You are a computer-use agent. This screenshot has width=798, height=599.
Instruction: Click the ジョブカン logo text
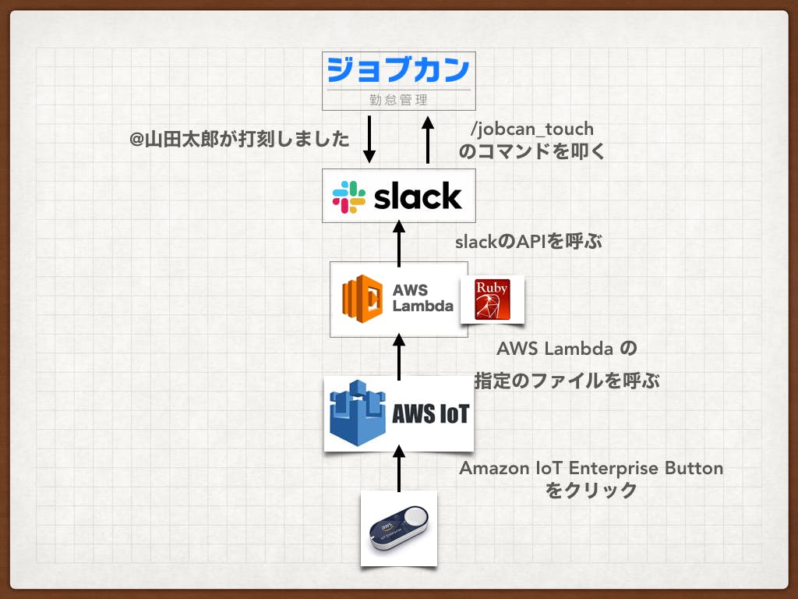(398, 69)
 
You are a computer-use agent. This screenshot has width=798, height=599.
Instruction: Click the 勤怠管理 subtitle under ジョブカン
(398, 100)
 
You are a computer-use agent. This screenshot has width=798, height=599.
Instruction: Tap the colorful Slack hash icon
(349, 197)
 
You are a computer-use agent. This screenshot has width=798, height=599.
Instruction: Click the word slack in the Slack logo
(417, 197)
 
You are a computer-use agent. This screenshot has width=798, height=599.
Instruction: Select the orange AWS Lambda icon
(362, 299)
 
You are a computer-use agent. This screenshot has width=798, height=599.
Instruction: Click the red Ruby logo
(491, 299)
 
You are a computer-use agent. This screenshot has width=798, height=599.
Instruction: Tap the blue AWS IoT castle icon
(358, 411)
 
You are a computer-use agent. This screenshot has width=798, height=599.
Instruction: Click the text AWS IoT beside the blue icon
(430, 413)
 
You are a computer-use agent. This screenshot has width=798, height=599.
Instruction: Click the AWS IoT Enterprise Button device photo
(398, 529)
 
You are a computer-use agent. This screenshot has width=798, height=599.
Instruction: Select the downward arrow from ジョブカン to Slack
(370, 139)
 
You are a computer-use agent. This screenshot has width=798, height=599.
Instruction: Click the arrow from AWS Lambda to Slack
(399, 243)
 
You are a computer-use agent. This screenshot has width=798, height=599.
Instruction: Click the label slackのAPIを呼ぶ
(529, 241)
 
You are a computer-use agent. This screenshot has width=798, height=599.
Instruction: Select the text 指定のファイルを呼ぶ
(567, 381)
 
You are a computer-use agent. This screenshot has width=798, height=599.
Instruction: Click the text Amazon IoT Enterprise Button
(591, 469)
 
